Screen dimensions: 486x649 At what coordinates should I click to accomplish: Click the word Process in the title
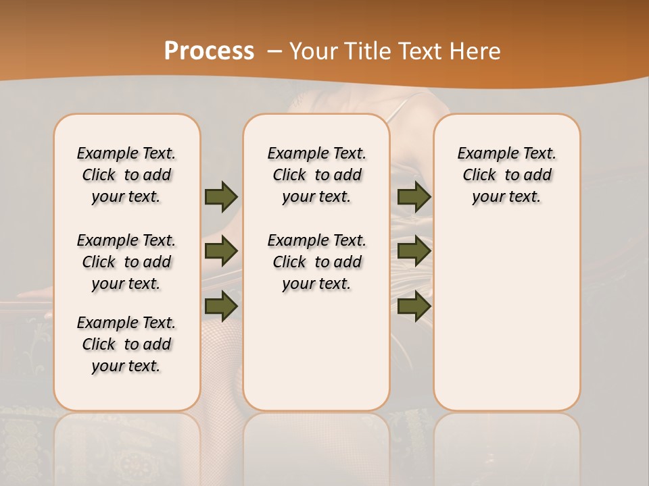coord(209,51)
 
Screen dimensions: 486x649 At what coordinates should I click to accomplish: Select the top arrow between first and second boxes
coord(221,196)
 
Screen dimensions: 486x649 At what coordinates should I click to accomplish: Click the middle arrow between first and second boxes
coord(221,251)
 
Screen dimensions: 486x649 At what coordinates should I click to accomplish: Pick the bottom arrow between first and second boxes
coord(221,305)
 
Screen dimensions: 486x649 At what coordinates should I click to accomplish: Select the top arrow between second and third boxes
coord(414,196)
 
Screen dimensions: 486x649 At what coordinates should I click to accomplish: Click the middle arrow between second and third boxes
coord(414,251)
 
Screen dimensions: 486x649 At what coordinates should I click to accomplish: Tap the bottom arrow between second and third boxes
coord(414,305)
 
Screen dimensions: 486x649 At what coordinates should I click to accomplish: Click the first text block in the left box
coord(126,175)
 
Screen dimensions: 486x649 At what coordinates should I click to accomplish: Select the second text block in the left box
coord(126,262)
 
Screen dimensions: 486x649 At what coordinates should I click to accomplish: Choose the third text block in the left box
coord(126,344)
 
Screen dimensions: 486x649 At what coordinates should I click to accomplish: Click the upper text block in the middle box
coord(316,175)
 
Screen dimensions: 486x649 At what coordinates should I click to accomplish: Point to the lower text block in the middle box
coord(316,262)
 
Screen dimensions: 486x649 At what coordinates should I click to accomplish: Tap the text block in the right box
coord(507,175)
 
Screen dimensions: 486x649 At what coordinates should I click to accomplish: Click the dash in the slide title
coord(275,51)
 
